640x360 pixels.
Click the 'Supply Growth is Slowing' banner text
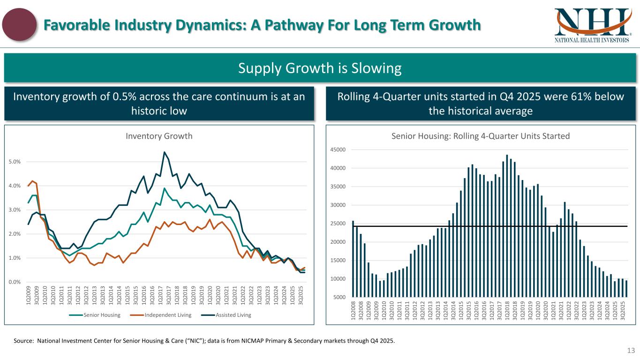click(x=320, y=69)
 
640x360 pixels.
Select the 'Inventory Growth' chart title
click(x=159, y=136)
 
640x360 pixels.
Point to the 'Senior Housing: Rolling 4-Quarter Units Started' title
click(x=481, y=136)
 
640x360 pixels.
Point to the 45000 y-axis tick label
click(x=338, y=150)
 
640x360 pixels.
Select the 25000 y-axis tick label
click(x=338, y=224)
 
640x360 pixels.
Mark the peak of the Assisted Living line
click(x=165, y=152)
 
